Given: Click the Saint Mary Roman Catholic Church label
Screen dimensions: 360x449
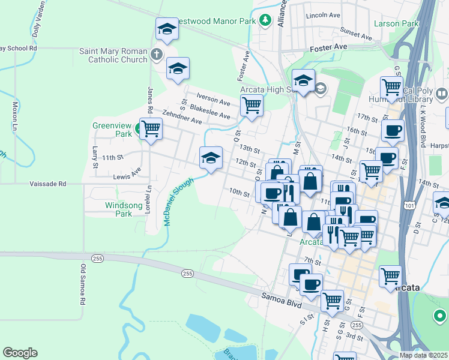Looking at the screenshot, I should click(113, 55).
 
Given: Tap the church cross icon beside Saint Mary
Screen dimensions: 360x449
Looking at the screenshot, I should click(157, 55).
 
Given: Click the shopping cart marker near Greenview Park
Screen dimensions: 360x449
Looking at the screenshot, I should click(151, 128).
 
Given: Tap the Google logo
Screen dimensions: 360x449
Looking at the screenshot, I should click(20, 353).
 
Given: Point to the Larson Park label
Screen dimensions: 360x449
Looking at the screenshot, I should click(396, 23).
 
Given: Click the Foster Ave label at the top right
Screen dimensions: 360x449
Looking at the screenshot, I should click(329, 46).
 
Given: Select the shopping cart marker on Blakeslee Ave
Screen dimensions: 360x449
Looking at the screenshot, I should click(252, 106).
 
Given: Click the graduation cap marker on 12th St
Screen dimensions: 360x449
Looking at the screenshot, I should click(211, 158).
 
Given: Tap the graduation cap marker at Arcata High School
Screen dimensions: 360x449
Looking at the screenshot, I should click(304, 81).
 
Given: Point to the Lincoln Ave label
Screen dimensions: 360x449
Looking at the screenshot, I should click(322, 14).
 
